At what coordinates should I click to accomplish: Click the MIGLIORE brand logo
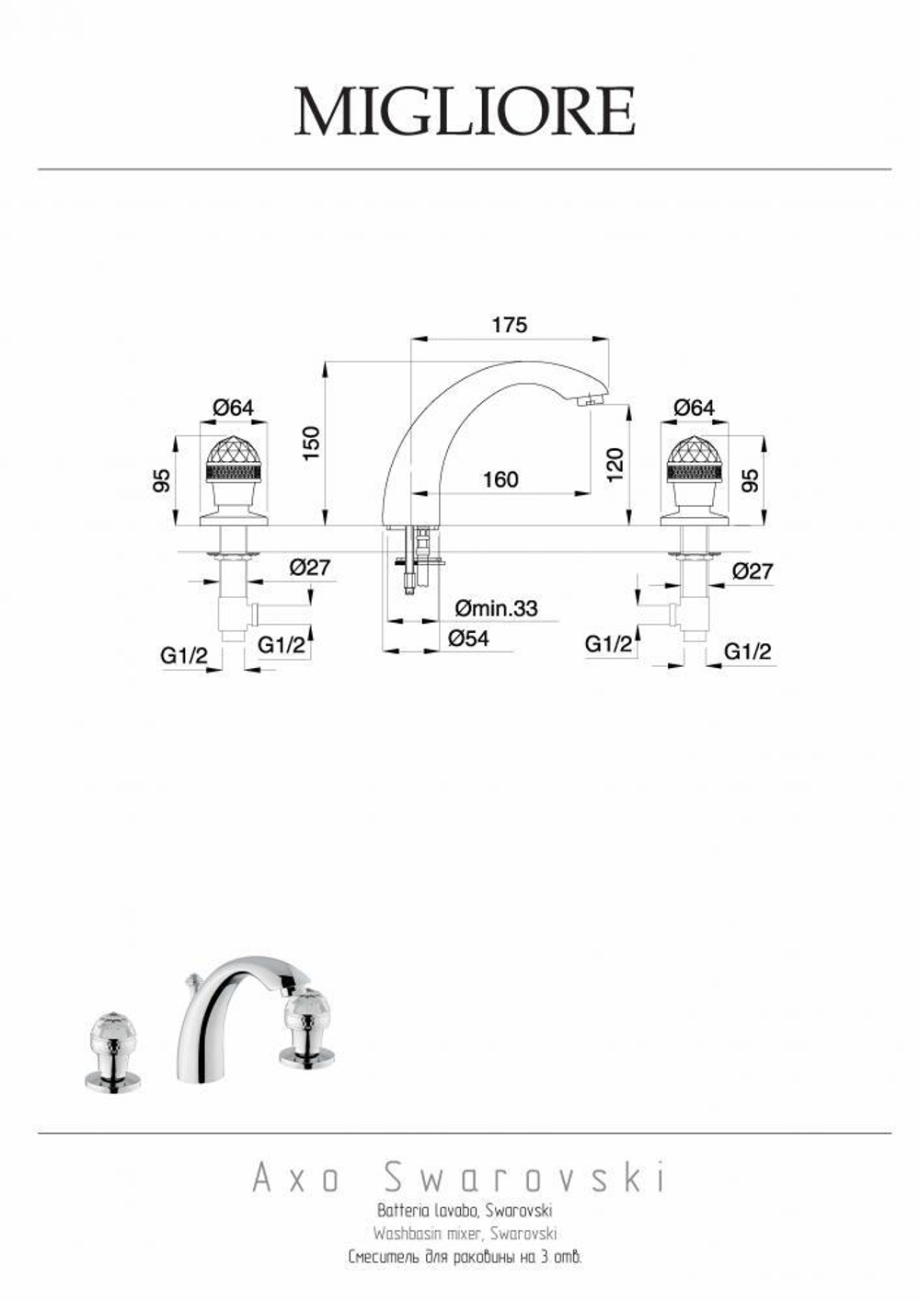coord(464,112)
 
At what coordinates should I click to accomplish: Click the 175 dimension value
coord(509,325)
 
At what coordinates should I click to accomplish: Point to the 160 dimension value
coord(500,479)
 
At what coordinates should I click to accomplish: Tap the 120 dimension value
coord(615,463)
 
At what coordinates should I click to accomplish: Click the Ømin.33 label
coord(497,608)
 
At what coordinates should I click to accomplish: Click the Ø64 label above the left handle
coord(233,408)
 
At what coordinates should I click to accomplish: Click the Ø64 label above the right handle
coord(694,408)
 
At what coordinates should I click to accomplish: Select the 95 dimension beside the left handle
coord(162,480)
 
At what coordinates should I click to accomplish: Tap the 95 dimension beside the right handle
coord(752,480)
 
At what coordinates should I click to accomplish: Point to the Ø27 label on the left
coord(309,568)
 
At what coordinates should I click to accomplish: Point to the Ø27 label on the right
coord(752,571)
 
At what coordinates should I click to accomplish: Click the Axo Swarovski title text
coord(458,1178)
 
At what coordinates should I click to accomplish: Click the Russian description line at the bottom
coord(465,1256)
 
